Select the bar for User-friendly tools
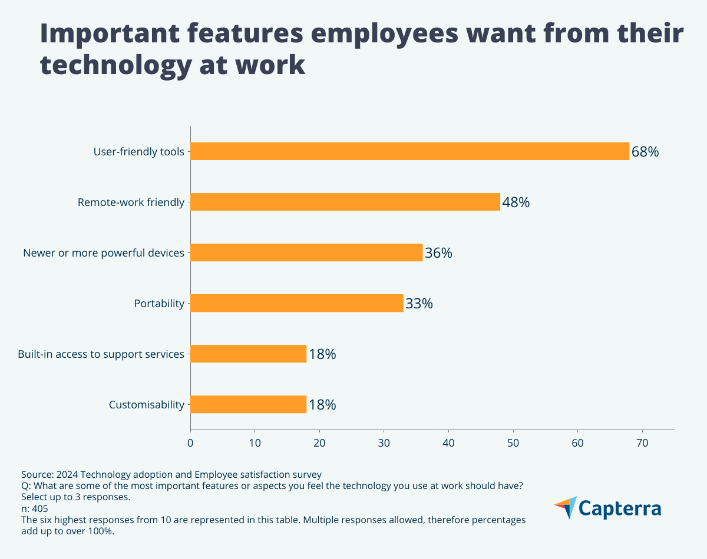click(x=409, y=151)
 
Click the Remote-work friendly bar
click(x=345, y=202)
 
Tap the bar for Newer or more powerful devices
click(x=306, y=252)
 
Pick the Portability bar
click(x=297, y=303)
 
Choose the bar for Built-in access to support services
click(x=248, y=354)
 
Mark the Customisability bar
click(x=248, y=404)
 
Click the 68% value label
click(x=645, y=152)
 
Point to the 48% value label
click(x=516, y=202)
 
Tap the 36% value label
click(x=438, y=253)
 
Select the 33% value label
click(x=419, y=304)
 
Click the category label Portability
click(x=159, y=304)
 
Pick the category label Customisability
click(x=147, y=405)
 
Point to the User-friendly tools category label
click(x=139, y=152)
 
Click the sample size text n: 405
click(x=35, y=508)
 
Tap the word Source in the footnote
click(x=36, y=474)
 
